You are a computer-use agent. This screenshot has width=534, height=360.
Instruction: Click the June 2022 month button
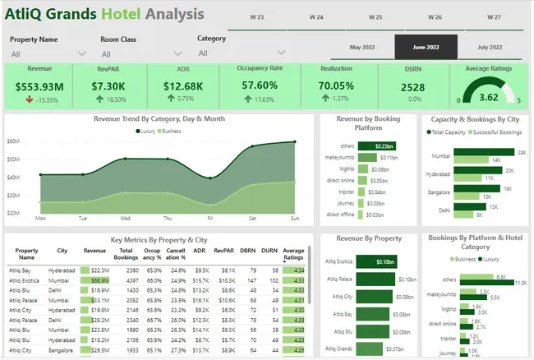click(426, 48)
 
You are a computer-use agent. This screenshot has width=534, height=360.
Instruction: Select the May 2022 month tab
click(362, 48)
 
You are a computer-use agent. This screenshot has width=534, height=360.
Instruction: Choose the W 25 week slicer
click(375, 16)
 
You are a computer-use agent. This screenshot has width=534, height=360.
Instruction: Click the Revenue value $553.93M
click(39, 86)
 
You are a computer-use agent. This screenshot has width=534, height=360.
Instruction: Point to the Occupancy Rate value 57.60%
click(260, 86)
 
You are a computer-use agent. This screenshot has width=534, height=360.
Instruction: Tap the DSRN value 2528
click(412, 87)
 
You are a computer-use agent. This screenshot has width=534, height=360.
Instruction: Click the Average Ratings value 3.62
click(488, 97)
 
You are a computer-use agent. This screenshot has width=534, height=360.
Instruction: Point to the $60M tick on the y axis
click(13, 141)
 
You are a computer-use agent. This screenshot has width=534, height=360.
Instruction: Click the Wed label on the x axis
click(125, 219)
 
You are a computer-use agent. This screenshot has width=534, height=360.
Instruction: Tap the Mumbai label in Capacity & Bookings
click(440, 155)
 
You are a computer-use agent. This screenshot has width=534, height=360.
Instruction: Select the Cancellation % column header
click(177, 255)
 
